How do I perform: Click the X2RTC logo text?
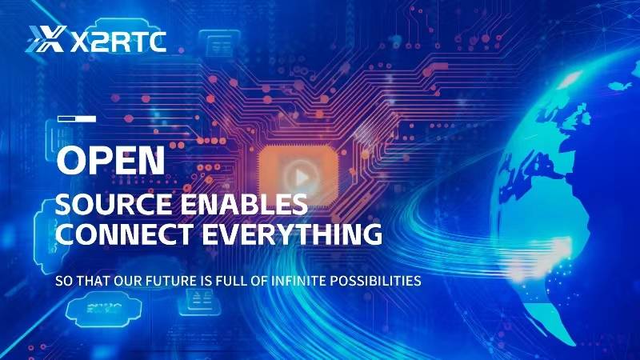tap(118, 42)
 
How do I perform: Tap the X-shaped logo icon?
tap(46, 39)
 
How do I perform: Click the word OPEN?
tap(110, 161)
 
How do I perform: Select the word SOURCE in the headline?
tap(114, 204)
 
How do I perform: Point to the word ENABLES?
tap(244, 204)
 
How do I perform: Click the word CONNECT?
tap(124, 234)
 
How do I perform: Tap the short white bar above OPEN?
tap(77, 118)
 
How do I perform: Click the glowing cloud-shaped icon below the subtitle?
tap(104, 310)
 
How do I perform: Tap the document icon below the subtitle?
tap(201, 302)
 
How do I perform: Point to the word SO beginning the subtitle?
tap(64, 281)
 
